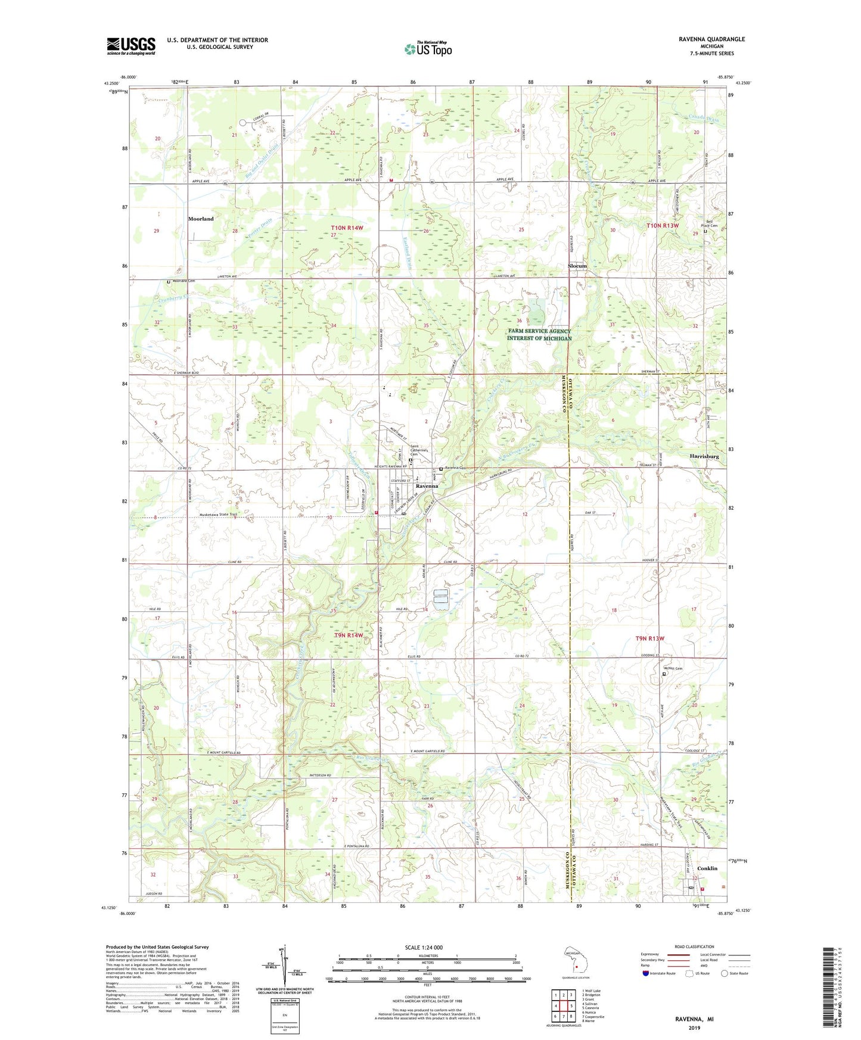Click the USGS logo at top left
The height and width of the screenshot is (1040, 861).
(x=131, y=46)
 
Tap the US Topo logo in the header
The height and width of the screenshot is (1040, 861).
(x=428, y=49)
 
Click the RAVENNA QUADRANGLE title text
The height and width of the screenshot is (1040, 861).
(x=711, y=39)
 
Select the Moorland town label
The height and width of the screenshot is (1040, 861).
(x=201, y=219)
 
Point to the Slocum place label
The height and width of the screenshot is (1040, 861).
(x=577, y=266)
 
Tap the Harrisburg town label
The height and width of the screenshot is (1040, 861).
(x=704, y=456)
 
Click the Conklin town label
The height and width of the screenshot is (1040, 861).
(x=707, y=868)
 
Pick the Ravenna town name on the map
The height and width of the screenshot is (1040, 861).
(x=427, y=486)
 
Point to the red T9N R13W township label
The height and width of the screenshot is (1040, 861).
(x=649, y=639)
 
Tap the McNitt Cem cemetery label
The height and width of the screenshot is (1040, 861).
(x=673, y=668)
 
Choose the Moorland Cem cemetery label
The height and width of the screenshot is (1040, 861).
(x=184, y=281)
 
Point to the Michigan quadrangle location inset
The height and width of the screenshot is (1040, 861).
(x=575, y=960)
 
